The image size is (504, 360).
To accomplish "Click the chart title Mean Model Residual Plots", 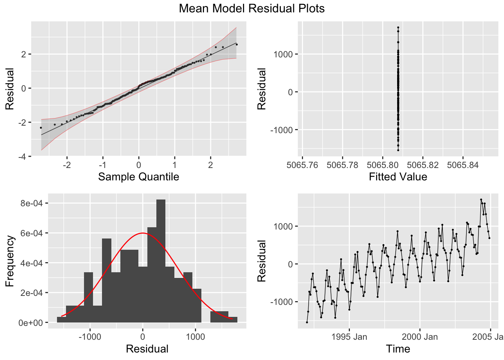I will point(252,8).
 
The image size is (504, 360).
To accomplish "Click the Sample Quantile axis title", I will point(138,177).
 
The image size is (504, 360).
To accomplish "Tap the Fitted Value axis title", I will point(398,177).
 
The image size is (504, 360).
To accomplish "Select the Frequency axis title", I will point(10,261).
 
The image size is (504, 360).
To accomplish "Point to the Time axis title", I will point(398,349).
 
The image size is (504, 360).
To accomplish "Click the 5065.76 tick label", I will point(302,165).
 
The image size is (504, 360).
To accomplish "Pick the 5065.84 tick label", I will point(463,165).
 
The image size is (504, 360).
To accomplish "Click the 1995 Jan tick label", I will point(349,337).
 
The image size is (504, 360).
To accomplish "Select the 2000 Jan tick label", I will point(420,337).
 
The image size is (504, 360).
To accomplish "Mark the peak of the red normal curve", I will point(142,233).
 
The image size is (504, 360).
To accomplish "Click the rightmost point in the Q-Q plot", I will point(237,44).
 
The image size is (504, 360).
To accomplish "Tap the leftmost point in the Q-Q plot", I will point(41,128).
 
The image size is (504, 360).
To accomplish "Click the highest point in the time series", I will point(481,199).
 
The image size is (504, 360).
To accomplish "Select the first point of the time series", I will point(307,322).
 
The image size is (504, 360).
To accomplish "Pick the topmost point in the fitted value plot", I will point(398,27).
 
